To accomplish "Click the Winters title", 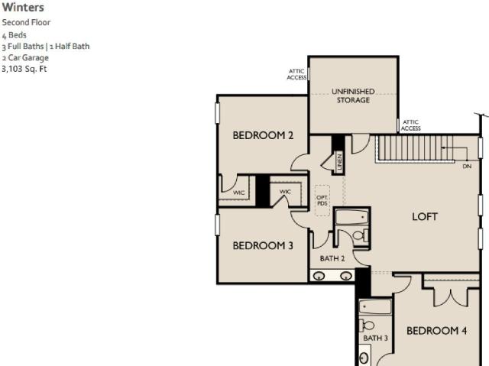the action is click(23, 8).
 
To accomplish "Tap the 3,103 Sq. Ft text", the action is click(24, 69).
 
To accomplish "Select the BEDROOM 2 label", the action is click(263, 135).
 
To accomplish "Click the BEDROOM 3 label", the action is click(263, 246).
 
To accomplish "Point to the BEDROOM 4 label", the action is click(436, 330).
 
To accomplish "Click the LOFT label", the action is click(425, 217).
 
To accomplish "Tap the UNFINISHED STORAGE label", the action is click(353, 96).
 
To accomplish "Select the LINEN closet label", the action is click(339, 161).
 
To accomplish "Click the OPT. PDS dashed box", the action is click(322, 200).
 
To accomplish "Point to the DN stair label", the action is click(467, 167).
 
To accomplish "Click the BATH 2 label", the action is click(332, 258).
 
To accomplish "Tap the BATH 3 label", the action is click(375, 338).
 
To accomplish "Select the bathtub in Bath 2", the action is click(351, 217).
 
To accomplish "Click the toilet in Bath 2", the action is click(361, 235).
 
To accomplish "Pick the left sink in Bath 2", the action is click(319, 276).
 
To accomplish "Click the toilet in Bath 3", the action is click(367, 326).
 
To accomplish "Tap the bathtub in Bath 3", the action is click(375, 307).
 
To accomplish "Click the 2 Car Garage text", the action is click(25, 57).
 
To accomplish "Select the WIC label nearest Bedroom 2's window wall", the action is click(238, 193).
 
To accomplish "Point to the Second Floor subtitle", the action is click(26, 22).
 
